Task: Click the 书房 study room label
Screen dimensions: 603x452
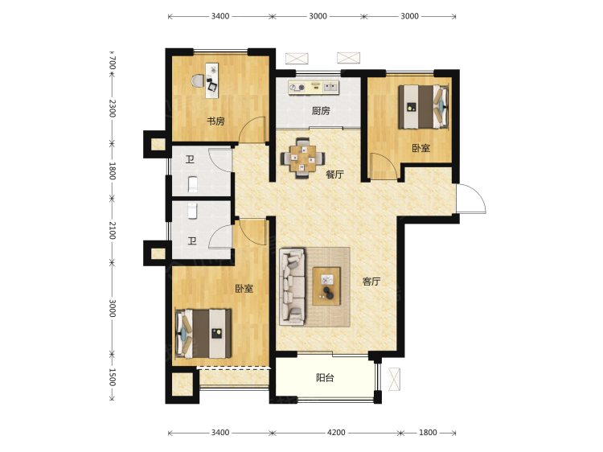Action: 215,121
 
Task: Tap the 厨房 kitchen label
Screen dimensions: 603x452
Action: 321,111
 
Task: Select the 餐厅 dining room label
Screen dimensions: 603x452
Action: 334,175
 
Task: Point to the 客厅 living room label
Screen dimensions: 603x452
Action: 371,281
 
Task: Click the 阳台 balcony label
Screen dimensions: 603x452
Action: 325,378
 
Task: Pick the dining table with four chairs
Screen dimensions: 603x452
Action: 302,158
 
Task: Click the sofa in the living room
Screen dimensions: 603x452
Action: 293,286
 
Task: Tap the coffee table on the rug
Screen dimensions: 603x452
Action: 326,286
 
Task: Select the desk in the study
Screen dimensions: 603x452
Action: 212,80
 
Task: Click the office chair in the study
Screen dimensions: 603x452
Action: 198,80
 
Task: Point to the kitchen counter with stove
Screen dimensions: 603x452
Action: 314,87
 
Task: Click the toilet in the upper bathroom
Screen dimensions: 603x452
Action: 193,184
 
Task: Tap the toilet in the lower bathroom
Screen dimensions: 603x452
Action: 192,211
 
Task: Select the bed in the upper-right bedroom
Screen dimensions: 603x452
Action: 424,106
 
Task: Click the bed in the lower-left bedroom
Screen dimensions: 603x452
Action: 203,334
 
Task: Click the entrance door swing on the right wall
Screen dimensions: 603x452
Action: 470,199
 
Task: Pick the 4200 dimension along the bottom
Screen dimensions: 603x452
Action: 336,433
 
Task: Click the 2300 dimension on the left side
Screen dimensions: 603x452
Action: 112,108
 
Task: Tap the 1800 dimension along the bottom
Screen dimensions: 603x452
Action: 428,433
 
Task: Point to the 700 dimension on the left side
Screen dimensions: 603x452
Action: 112,63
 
